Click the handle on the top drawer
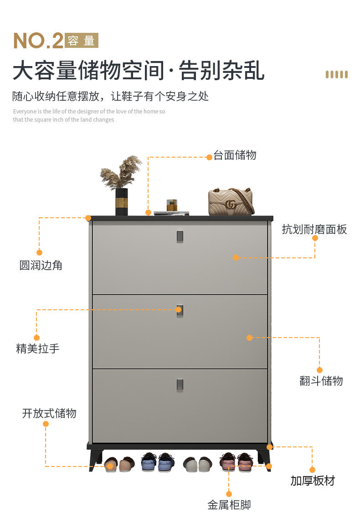pyautogui.click(x=180, y=236)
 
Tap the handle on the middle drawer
pyautogui.click(x=180, y=311)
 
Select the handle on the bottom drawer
pyautogui.click(x=180, y=384)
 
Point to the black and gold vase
pyautogui.click(x=122, y=201)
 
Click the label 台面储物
pyautogui.click(x=235, y=155)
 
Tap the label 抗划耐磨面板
pyautogui.click(x=314, y=230)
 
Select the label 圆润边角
pyautogui.click(x=41, y=265)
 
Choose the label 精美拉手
pyautogui.click(x=38, y=349)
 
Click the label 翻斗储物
pyautogui.click(x=321, y=381)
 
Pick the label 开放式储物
pyautogui.click(x=49, y=414)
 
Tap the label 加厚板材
pyautogui.click(x=313, y=481)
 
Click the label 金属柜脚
pyautogui.click(x=229, y=505)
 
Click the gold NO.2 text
pyautogui.click(x=38, y=41)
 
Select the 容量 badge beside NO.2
pyautogui.click(x=82, y=41)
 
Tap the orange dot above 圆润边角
pyautogui.click(x=39, y=252)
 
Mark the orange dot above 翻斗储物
pyautogui.click(x=319, y=370)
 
